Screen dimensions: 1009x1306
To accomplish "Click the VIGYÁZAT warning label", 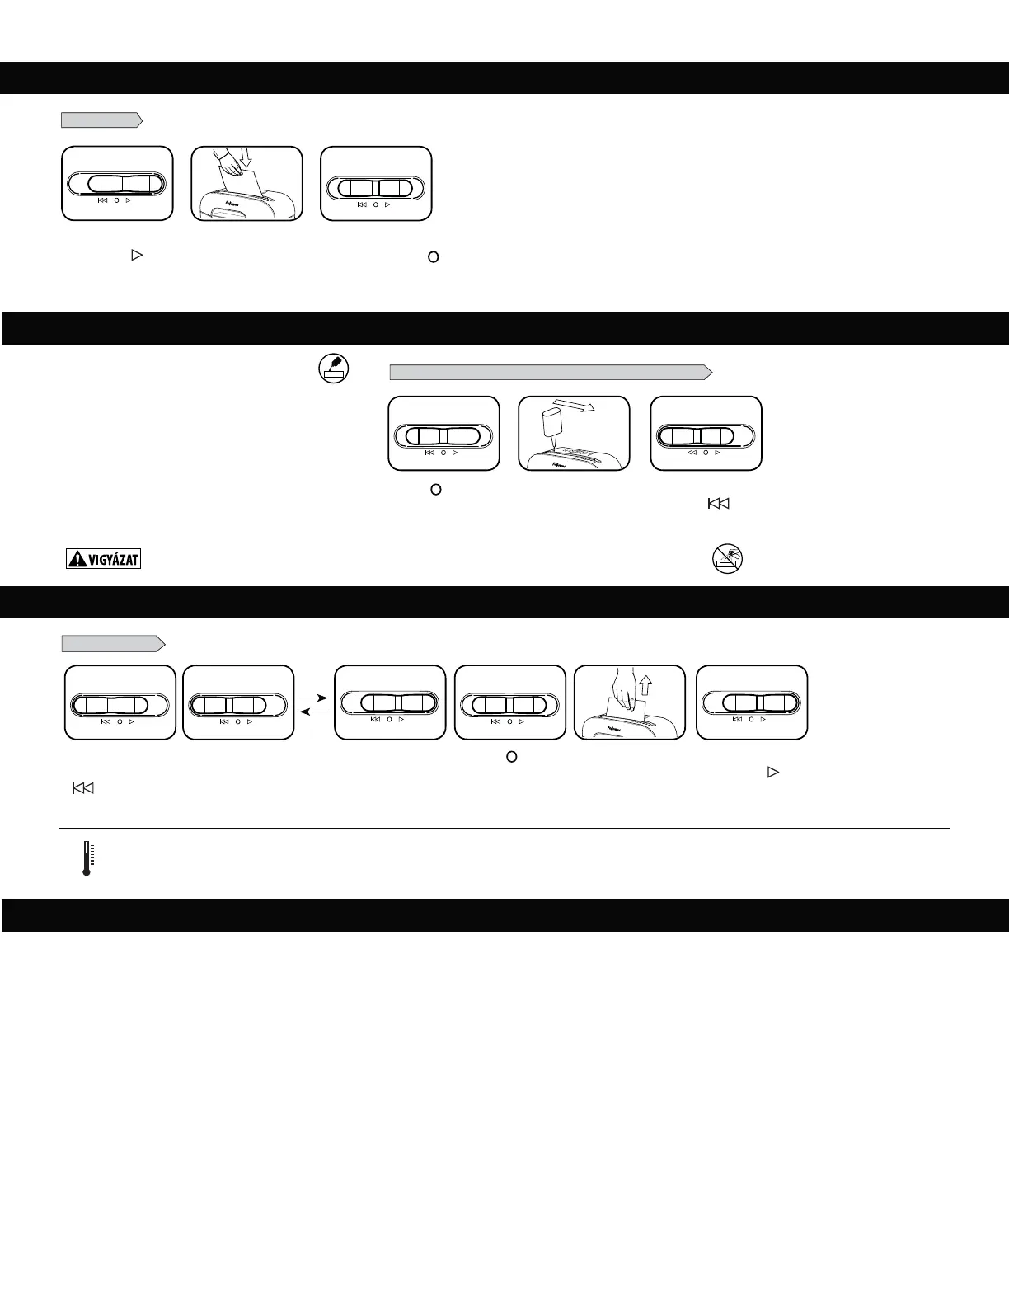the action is coord(103,559).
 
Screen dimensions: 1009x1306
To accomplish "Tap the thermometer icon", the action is coord(87,857).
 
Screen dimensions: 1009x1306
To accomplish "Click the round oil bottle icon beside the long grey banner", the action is coord(334,369).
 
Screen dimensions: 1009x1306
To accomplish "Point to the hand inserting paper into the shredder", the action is coord(229,163).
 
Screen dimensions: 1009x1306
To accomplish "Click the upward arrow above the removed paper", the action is coord(645,684).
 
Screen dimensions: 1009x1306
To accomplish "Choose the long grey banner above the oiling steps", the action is coord(551,372).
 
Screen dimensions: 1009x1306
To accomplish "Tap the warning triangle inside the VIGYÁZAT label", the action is coord(77,559).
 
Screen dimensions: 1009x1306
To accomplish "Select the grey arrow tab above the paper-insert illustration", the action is coord(101,120).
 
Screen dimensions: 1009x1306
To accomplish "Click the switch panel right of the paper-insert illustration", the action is coord(376,184).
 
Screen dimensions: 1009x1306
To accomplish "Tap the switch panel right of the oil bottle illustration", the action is coord(706,434).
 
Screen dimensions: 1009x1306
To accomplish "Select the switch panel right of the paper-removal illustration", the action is coord(752,702).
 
